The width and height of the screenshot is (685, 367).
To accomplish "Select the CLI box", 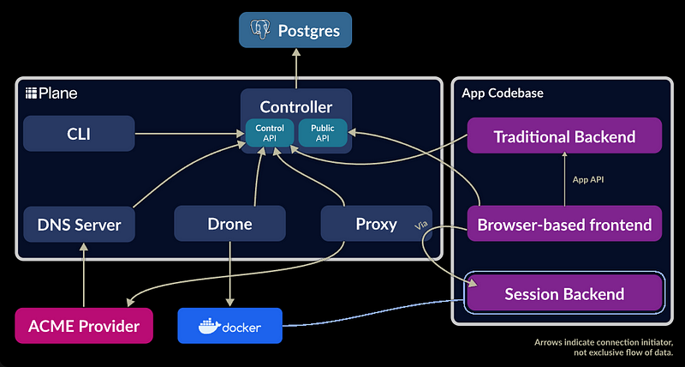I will click(x=79, y=133).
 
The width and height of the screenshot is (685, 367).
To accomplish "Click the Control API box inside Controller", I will click(x=270, y=133).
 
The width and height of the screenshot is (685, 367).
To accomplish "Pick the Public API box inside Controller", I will click(x=323, y=133).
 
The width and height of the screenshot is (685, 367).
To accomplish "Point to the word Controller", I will click(x=296, y=108).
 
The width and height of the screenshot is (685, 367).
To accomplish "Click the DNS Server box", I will click(x=79, y=225).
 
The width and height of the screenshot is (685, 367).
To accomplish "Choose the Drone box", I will click(x=229, y=224).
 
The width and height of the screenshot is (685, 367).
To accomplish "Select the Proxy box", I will click(x=376, y=224).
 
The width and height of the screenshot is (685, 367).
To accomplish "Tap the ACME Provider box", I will click(x=83, y=326).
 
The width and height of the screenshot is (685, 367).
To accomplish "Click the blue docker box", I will click(x=229, y=327).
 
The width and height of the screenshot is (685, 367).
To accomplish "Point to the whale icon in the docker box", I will click(x=207, y=326).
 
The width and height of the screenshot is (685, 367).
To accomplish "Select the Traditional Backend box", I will click(x=564, y=136).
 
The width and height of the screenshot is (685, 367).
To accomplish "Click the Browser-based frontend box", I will click(x=564, y=225).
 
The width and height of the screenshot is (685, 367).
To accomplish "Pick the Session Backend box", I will click(x=564, y=294).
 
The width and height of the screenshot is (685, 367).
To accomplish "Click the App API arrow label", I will click(x=589, y=180).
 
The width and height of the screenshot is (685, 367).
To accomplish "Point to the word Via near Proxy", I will click(x=420, y=226).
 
